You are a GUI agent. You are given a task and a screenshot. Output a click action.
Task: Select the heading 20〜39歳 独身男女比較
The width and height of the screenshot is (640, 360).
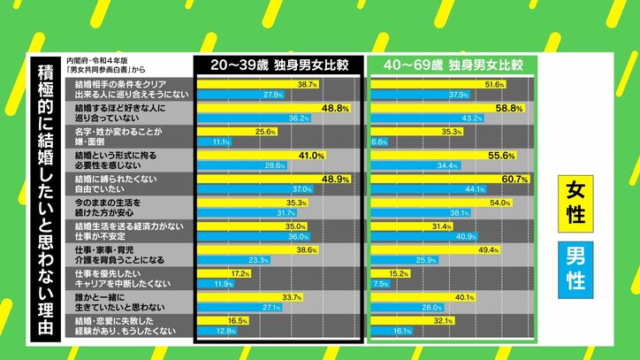pos(278,65)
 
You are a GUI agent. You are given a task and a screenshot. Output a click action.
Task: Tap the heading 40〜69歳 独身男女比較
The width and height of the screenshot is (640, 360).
pos(450,65)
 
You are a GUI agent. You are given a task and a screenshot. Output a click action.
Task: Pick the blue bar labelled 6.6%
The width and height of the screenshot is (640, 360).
pos(378,142)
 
